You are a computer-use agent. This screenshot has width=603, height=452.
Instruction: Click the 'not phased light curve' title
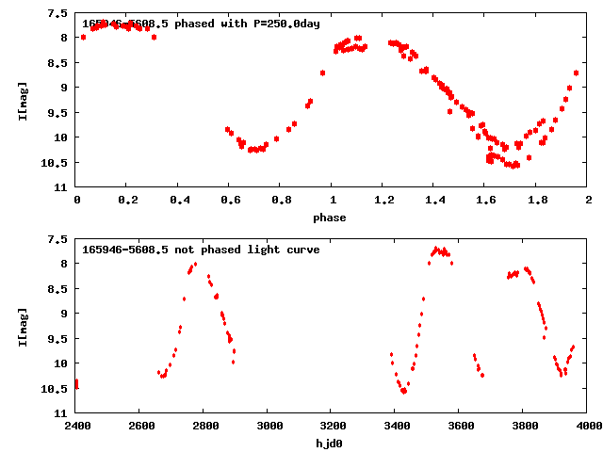[201, 250]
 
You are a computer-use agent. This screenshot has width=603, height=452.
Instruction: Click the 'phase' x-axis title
[330, 218]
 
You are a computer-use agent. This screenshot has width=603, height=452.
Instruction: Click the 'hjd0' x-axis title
[330, 443]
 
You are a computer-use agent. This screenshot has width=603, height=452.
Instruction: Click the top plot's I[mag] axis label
[24, 101]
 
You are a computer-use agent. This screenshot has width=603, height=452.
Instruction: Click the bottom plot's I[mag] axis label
[24, 326]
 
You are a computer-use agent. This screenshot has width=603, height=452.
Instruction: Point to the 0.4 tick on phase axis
[179, 200]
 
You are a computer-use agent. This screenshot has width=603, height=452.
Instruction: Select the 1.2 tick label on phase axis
[383, 200]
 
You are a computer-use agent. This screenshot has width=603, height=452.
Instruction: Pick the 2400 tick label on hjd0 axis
[76, 426]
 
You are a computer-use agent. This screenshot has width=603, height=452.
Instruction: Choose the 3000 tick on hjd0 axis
[269, 426]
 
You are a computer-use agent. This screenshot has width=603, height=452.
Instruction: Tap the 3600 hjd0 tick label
[461, 426]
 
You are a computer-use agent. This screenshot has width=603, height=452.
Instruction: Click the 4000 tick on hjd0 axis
[588, 426]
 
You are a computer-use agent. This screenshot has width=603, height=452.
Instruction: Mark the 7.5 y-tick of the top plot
[58, 13]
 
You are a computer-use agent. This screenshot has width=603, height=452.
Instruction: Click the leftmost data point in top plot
[83, 37]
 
